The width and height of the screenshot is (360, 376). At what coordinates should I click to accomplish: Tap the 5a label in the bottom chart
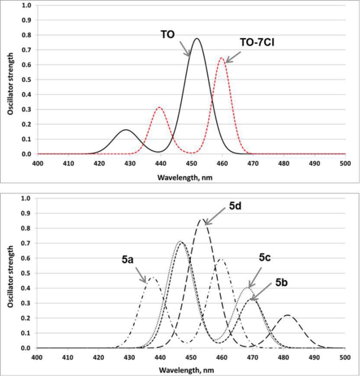click(129, 260)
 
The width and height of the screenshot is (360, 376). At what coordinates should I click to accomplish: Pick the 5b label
click(284, 284)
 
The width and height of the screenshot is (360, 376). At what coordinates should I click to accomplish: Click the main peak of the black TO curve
click(197, 39)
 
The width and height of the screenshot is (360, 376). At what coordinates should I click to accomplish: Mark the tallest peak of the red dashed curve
click(222, 58)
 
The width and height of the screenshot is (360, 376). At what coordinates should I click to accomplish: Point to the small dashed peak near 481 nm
click(287, 315)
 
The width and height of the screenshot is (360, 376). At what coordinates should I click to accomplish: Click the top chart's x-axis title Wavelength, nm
click(191, 177)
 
